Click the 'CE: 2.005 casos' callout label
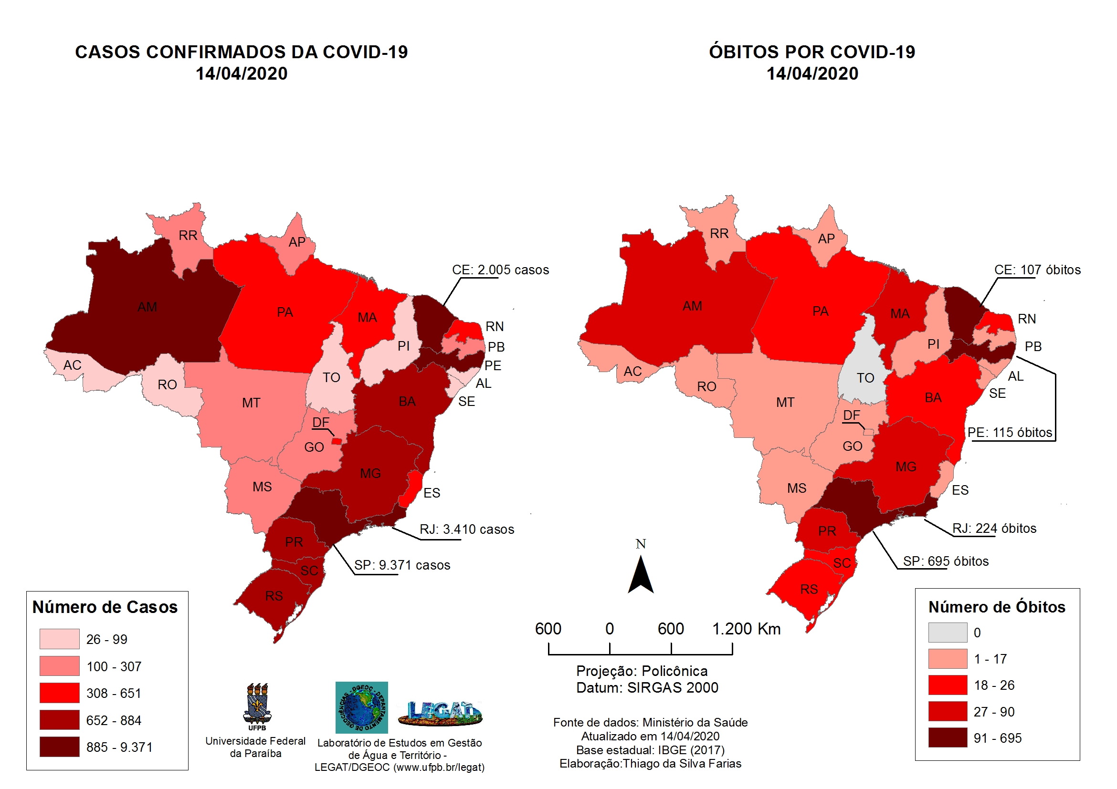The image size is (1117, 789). (x=500, y=270)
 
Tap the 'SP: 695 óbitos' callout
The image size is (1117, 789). (x=945, y=561)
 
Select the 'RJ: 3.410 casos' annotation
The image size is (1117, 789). (x=466, y=529)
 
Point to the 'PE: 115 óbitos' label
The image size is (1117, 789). (x=1009, y=432)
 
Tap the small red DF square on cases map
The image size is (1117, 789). (x=336, y=441)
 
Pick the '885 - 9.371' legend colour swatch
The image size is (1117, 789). (x=59, y=747)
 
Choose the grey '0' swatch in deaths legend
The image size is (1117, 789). (x=947, y=633)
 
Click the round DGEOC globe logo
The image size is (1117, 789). (x=361, y=707)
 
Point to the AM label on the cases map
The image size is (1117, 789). (x=147, y=307)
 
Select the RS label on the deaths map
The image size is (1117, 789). (x=809, y=589)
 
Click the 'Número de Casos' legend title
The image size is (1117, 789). (x=105, y=607)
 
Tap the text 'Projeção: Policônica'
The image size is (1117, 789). (x=641, y=671)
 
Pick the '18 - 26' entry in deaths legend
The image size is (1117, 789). (x=993, y=685)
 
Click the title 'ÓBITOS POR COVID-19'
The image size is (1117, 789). (x=811, y=52)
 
